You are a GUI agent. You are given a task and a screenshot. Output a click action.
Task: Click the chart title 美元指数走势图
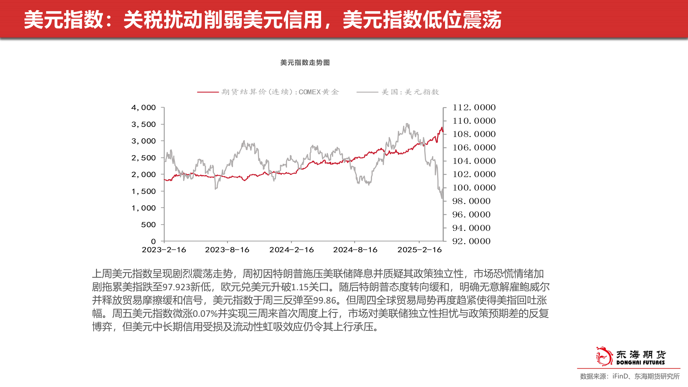click(305, 63)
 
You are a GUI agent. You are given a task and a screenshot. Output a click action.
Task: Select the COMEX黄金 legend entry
click(279, 92)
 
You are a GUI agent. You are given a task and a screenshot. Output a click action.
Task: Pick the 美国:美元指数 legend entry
click(410, 92)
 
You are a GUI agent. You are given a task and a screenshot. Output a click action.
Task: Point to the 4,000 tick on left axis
click(144, 107)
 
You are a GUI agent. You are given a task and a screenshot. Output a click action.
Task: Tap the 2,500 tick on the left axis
click(144, 158)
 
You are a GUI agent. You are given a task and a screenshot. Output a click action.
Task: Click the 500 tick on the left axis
click(148, 225)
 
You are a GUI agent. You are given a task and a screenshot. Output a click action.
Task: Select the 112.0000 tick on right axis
click(474, 107)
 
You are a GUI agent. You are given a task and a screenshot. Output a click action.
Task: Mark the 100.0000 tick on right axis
click(474, 188)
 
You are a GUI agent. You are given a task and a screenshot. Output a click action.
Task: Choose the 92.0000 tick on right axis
click(471, 241)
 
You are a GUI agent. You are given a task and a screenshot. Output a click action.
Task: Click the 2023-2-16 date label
click(164, 250)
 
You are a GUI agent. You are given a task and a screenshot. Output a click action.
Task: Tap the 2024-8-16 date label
click(355, 250)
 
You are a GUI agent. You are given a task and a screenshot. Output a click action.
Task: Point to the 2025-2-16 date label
click(419, 250)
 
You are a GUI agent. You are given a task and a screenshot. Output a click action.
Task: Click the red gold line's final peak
click(442, 128)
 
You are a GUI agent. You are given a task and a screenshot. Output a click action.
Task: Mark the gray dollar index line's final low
click(442, 198)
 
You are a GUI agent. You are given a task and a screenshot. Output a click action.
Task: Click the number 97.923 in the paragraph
click(176, 287)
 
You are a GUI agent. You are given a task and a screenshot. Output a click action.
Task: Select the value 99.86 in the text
click(325, 301)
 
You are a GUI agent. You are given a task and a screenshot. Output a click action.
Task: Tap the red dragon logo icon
click(604, 356)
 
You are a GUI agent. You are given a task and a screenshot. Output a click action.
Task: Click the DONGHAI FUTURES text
click(640, 363)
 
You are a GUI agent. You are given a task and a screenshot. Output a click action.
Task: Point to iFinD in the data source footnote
click(620, 376)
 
